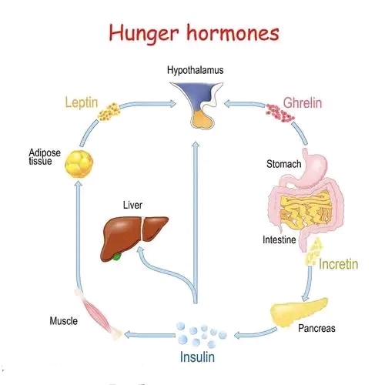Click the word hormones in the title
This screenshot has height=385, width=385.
point(233,32)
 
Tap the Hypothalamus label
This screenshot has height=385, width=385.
point(195,70)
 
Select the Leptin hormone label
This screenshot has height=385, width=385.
point(82,102)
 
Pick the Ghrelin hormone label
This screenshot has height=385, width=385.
point(303,103)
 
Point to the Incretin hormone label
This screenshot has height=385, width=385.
point(338,264)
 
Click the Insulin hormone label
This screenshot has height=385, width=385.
point(197,357)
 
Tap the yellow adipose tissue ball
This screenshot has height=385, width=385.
point(79,164)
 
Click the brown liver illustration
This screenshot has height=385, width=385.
point(133,236)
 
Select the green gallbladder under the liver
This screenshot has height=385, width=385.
point(117,256)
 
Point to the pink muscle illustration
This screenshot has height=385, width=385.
point(99,314)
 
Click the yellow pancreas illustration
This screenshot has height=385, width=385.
point(298,312)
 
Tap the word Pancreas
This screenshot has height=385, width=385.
point(316,328)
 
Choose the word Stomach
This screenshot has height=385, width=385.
point(283,164)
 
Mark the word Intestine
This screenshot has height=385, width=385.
point(279,239)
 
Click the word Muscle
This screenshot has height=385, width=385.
point(64,321)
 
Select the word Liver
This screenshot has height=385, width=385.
point(132,205)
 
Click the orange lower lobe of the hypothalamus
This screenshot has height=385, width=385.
point(203,120)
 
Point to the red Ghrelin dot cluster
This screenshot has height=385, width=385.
point(280,112)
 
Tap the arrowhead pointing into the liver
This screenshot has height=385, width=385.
point(140,251)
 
